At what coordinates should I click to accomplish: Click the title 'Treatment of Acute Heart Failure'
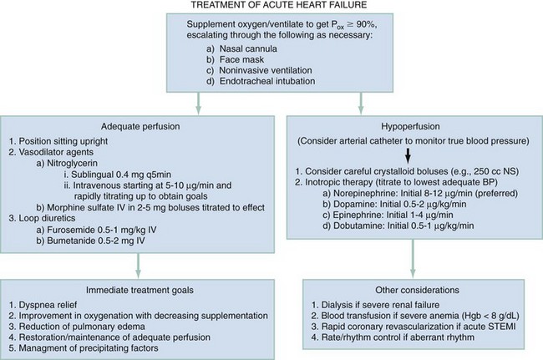[271, 8]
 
